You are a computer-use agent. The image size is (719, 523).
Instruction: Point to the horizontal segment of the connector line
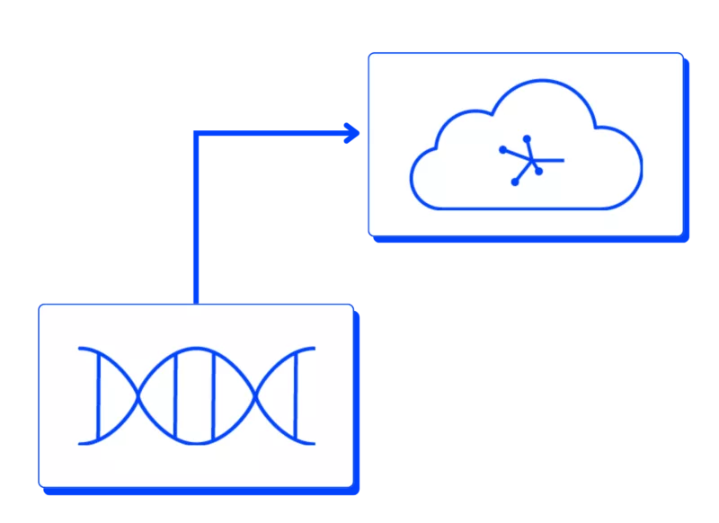tap(270, 134)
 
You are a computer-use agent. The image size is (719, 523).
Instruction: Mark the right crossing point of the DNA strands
tap(256, 395)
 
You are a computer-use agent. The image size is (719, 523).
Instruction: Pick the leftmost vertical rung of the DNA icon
tap(100, 395)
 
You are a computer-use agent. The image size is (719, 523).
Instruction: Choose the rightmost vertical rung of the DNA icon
tap(295, 395)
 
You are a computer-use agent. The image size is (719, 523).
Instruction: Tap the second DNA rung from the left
tap(176, 395)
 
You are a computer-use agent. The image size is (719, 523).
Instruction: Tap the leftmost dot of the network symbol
tap(503, 149)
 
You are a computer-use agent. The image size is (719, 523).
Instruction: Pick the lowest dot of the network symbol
tap(515, 182)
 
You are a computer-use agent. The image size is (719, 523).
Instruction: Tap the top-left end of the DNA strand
tap(82, 348)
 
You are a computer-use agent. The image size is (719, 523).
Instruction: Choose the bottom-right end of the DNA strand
tap(313, 443)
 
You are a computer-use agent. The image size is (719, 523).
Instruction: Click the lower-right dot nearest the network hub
tap(538, 172)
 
